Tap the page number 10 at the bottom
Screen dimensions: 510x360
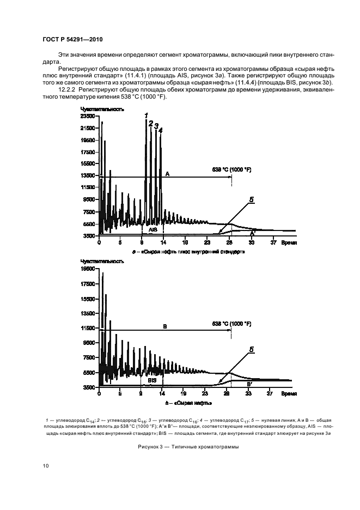[46, 465]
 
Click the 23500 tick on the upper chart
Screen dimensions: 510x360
[87, 117]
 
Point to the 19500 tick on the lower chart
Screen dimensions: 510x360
[87, 269]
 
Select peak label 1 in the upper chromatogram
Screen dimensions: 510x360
[146, 115]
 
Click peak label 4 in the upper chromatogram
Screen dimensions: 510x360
[161, 130]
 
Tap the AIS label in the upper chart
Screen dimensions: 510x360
[152, 230]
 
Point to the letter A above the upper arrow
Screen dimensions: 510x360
[168, 173]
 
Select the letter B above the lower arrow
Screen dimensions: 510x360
[164, 326]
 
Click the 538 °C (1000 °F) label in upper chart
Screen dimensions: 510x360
[231, 170]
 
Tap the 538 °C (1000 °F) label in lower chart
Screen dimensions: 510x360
[231, 323]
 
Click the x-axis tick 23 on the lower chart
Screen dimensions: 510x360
[206, 393]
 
